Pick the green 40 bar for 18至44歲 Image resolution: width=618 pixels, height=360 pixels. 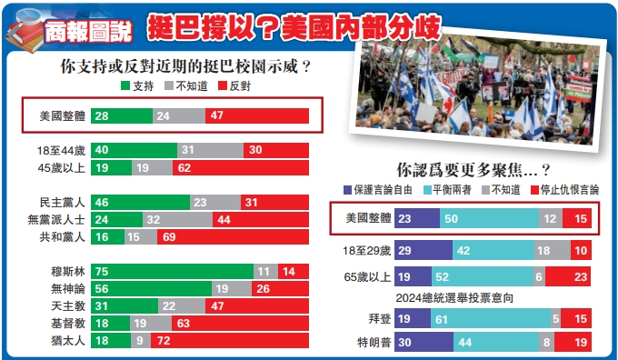click(x=133, y=150)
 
